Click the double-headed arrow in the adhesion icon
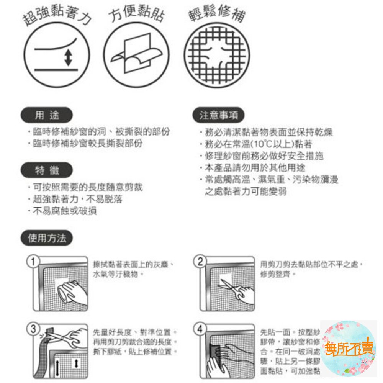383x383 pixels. pyautogui.click(x=68, y=57)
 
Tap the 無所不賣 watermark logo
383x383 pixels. pyautogui.click(x=348, y=349)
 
